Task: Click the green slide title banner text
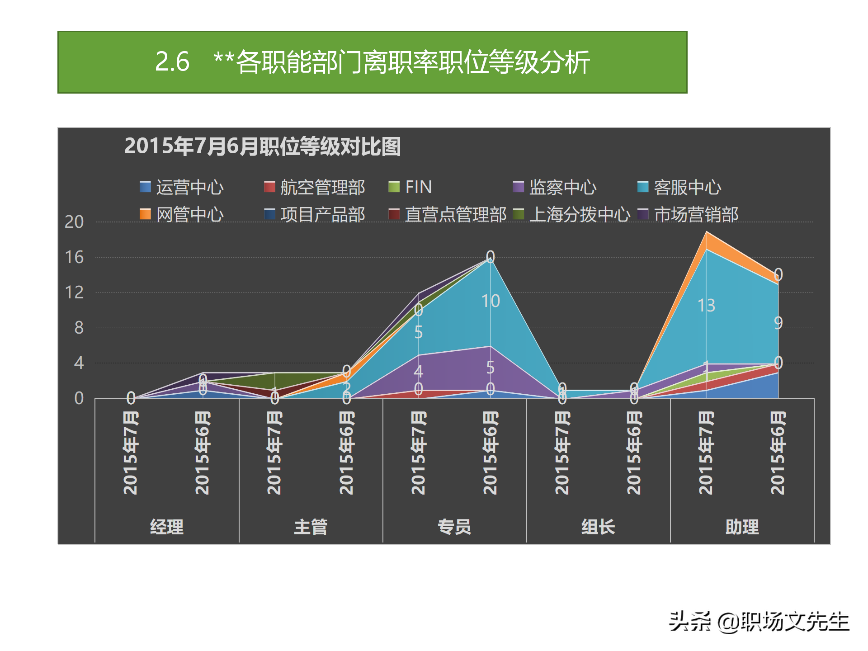click(372, 62)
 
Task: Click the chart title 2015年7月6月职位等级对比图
click(262, 146)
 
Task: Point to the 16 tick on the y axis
click(75, 257)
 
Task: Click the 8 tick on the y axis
click(79, 328)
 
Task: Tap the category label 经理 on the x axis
click(167, 527)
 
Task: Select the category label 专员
click(454, 527)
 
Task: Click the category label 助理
click(742, 527)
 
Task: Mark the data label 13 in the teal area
click(706, 306)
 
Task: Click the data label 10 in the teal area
click(491, 301)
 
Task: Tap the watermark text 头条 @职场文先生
click(759, 622)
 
